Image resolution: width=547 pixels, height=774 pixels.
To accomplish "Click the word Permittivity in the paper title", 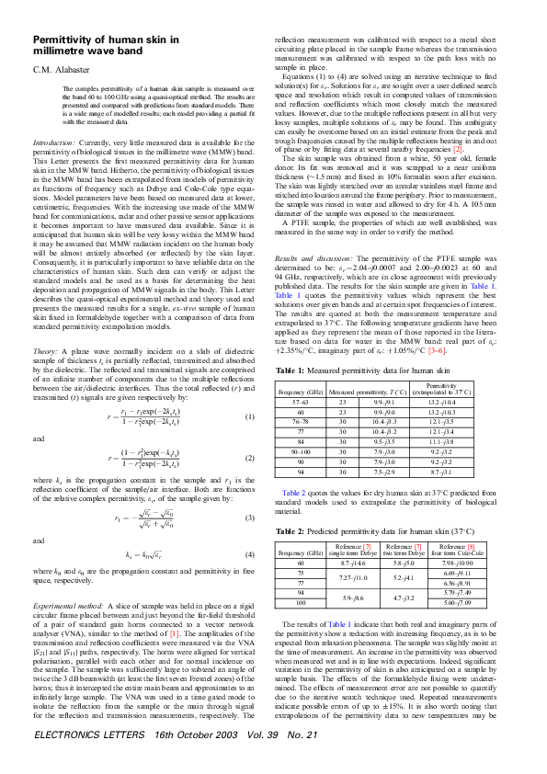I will (64, 40).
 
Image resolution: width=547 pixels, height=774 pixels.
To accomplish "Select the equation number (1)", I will (248, 393).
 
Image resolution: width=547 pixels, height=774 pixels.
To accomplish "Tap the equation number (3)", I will (248, 519).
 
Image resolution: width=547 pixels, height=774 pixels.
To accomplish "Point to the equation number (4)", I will (248, 556).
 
